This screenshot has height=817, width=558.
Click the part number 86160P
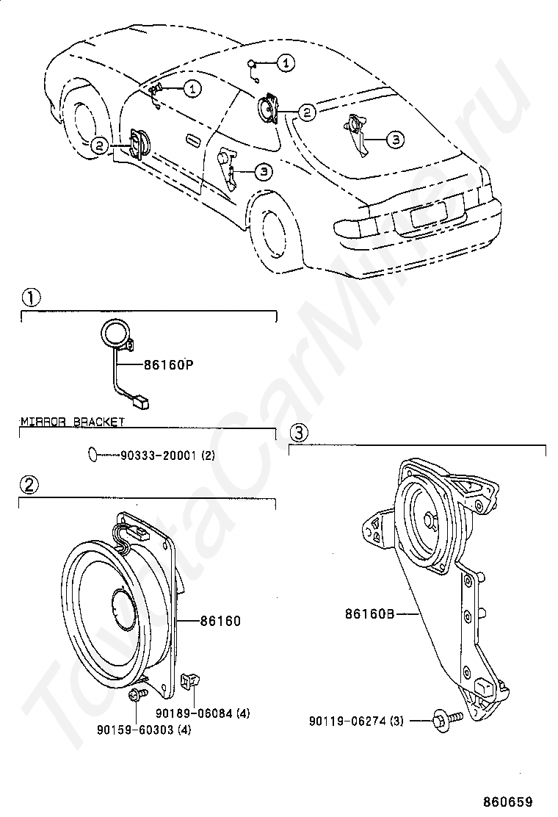(168, 364)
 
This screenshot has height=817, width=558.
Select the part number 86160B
(369, 613)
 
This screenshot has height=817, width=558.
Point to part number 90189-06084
(194, 713)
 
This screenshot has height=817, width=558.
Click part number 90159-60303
(135, 730)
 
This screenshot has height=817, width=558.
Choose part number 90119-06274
(347, 721)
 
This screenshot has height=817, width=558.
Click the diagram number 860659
(507, 802)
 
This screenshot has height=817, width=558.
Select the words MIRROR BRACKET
(73, 421)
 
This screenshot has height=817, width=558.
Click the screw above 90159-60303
(136, 694)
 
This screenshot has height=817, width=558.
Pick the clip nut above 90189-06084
(189, 682)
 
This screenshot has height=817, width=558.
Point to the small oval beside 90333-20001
(92, 455)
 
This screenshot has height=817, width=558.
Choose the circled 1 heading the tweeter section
(30, 298)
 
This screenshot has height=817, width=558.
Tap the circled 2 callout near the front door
(100, 145)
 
